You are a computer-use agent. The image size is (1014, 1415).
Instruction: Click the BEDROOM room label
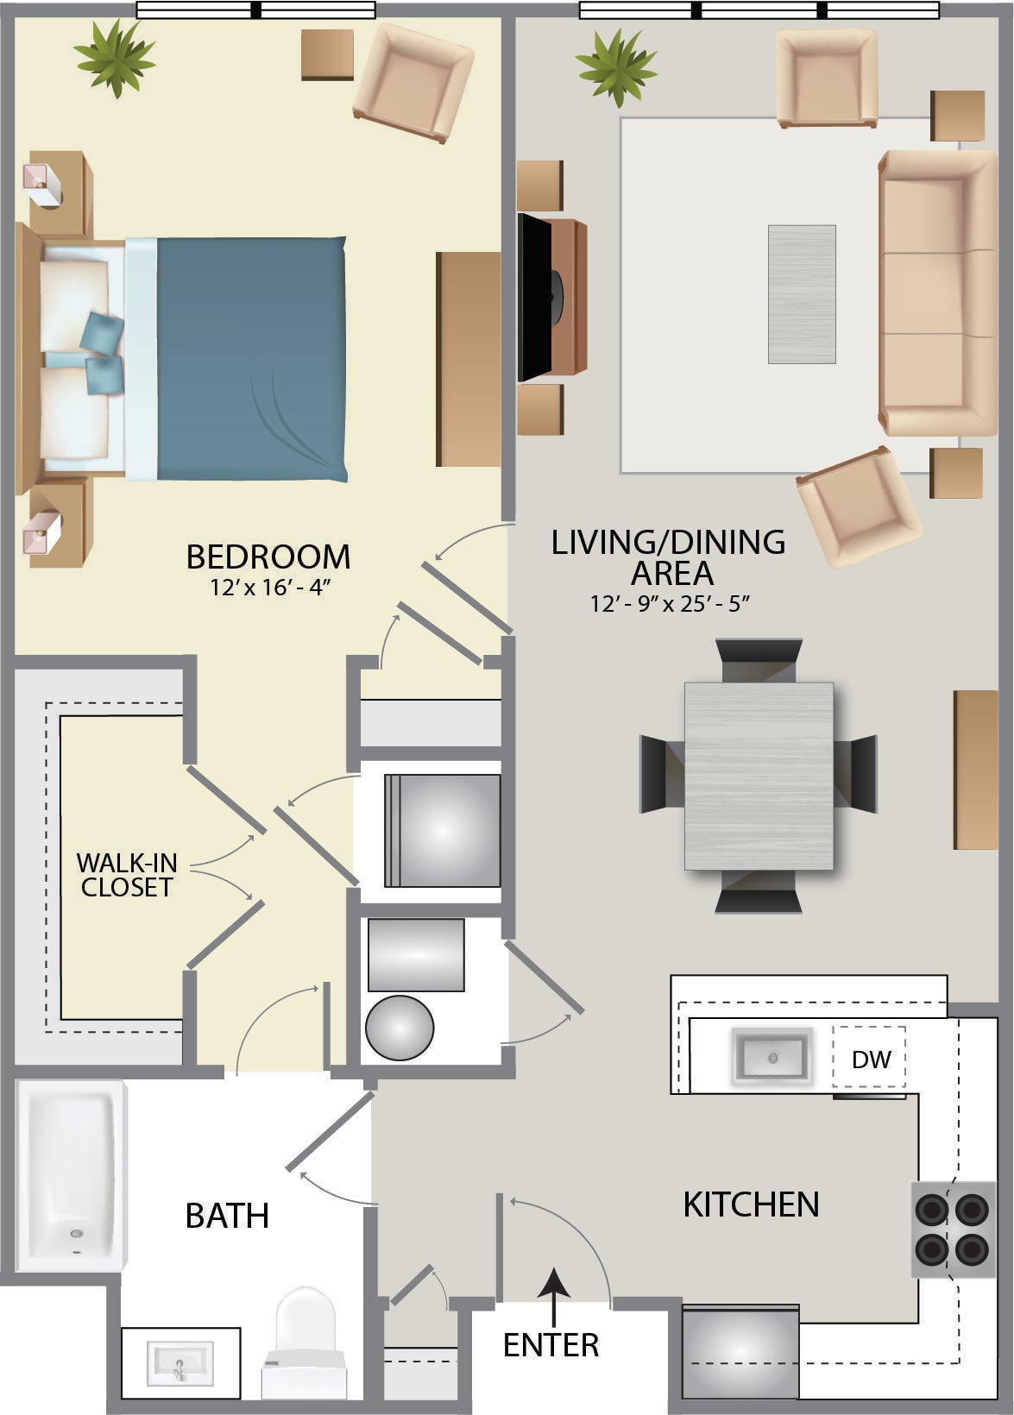tap(268, 557)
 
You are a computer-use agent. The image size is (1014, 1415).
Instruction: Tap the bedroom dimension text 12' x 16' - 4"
tap(270, 588)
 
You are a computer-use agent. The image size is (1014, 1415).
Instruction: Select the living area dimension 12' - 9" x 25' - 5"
tap(670, 604)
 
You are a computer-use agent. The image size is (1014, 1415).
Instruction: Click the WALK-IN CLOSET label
tap(126, 875)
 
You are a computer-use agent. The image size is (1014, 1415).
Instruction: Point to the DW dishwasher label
tap(872, 1060)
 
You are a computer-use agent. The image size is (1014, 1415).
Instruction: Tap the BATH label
tap(228, 1216)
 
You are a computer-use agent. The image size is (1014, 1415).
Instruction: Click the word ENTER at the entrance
tap(551, 1345)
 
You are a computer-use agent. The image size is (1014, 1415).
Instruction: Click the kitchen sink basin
tap(772, 1055)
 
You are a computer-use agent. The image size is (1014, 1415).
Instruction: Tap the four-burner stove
tap(953, 1229)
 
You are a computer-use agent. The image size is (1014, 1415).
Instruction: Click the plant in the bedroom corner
tap(115, 58)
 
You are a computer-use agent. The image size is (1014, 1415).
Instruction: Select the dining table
tap(759, 775)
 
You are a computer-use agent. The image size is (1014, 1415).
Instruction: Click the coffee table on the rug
tap(802, 294)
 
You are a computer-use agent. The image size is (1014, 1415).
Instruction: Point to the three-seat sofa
tap(937, 292)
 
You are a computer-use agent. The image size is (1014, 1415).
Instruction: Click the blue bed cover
tap(251, 359)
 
